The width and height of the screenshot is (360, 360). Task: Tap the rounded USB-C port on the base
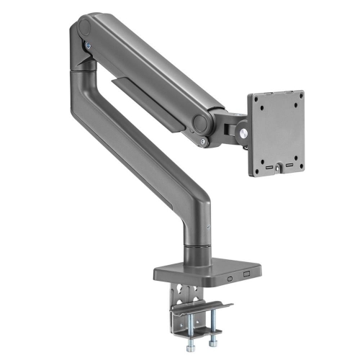(230, 276)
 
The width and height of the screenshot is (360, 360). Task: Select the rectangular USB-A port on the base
(246, 275)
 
